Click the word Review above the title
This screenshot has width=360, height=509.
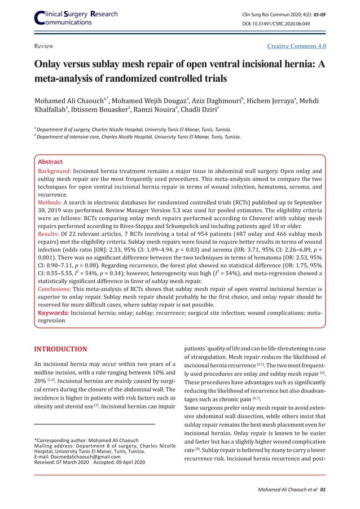point(42,46)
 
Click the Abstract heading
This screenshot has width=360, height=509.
point(50,161)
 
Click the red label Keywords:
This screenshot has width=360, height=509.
point(53,313)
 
